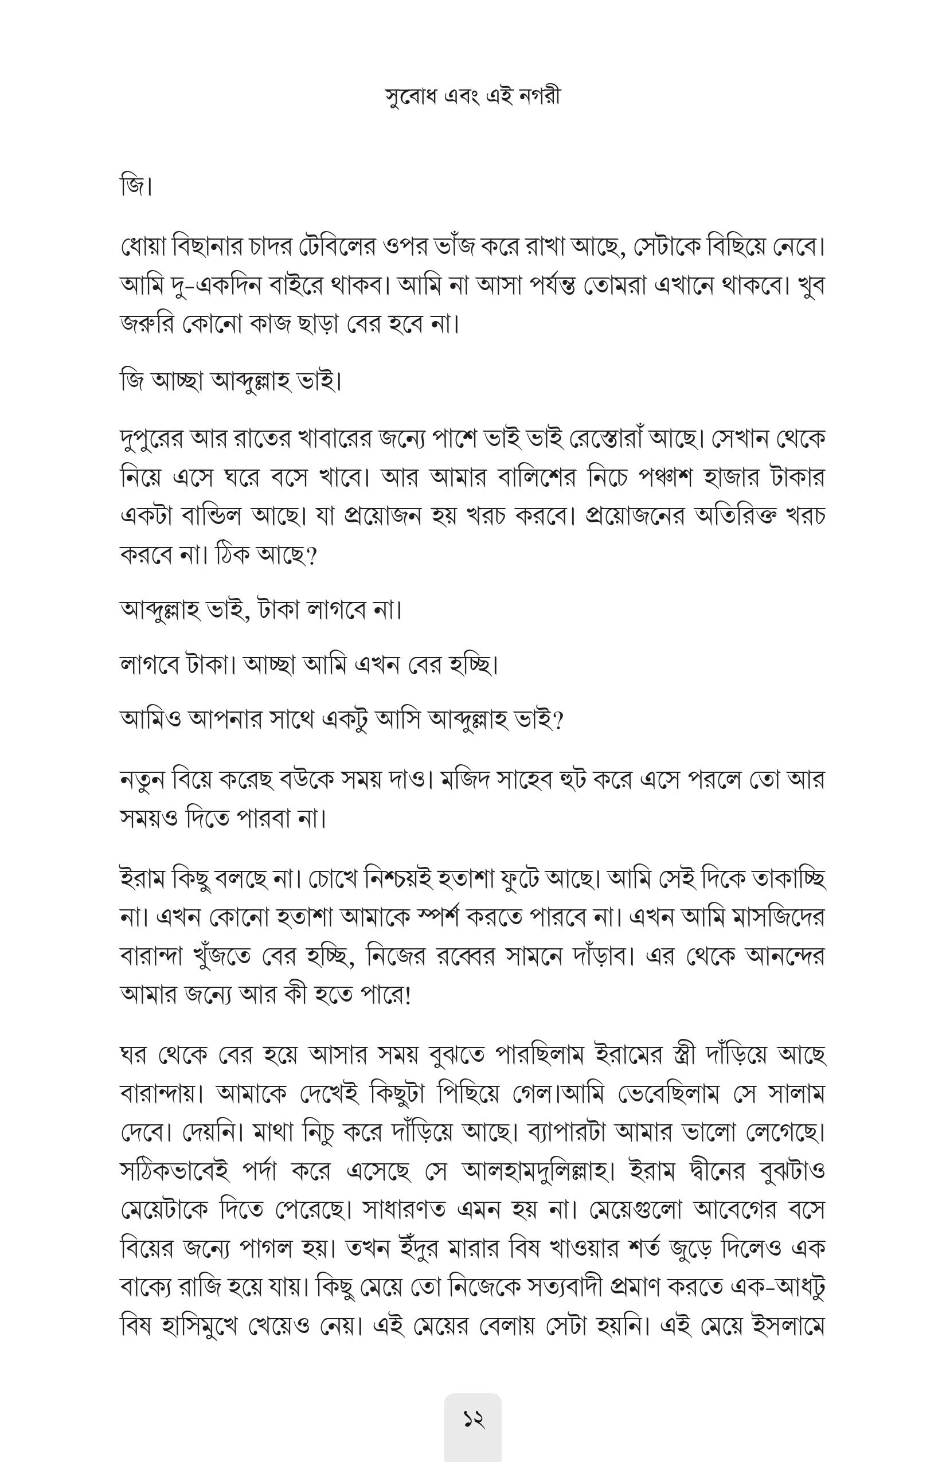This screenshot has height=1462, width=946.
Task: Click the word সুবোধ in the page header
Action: pos(409,97)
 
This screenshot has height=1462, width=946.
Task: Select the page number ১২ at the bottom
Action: pos(473,1420)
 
